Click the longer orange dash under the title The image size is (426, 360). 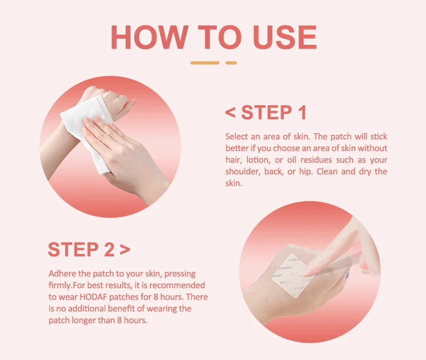pos(205,63)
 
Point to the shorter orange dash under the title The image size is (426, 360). pos(231,63)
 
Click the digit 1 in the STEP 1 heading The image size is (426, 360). pos(301,113)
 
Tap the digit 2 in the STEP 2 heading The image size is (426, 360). pos(108,250)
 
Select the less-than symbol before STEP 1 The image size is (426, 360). pos(230,113)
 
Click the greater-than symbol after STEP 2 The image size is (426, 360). pos(125,250)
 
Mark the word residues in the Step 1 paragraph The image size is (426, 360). pos(322,160)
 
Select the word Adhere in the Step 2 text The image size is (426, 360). pos(61,273)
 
